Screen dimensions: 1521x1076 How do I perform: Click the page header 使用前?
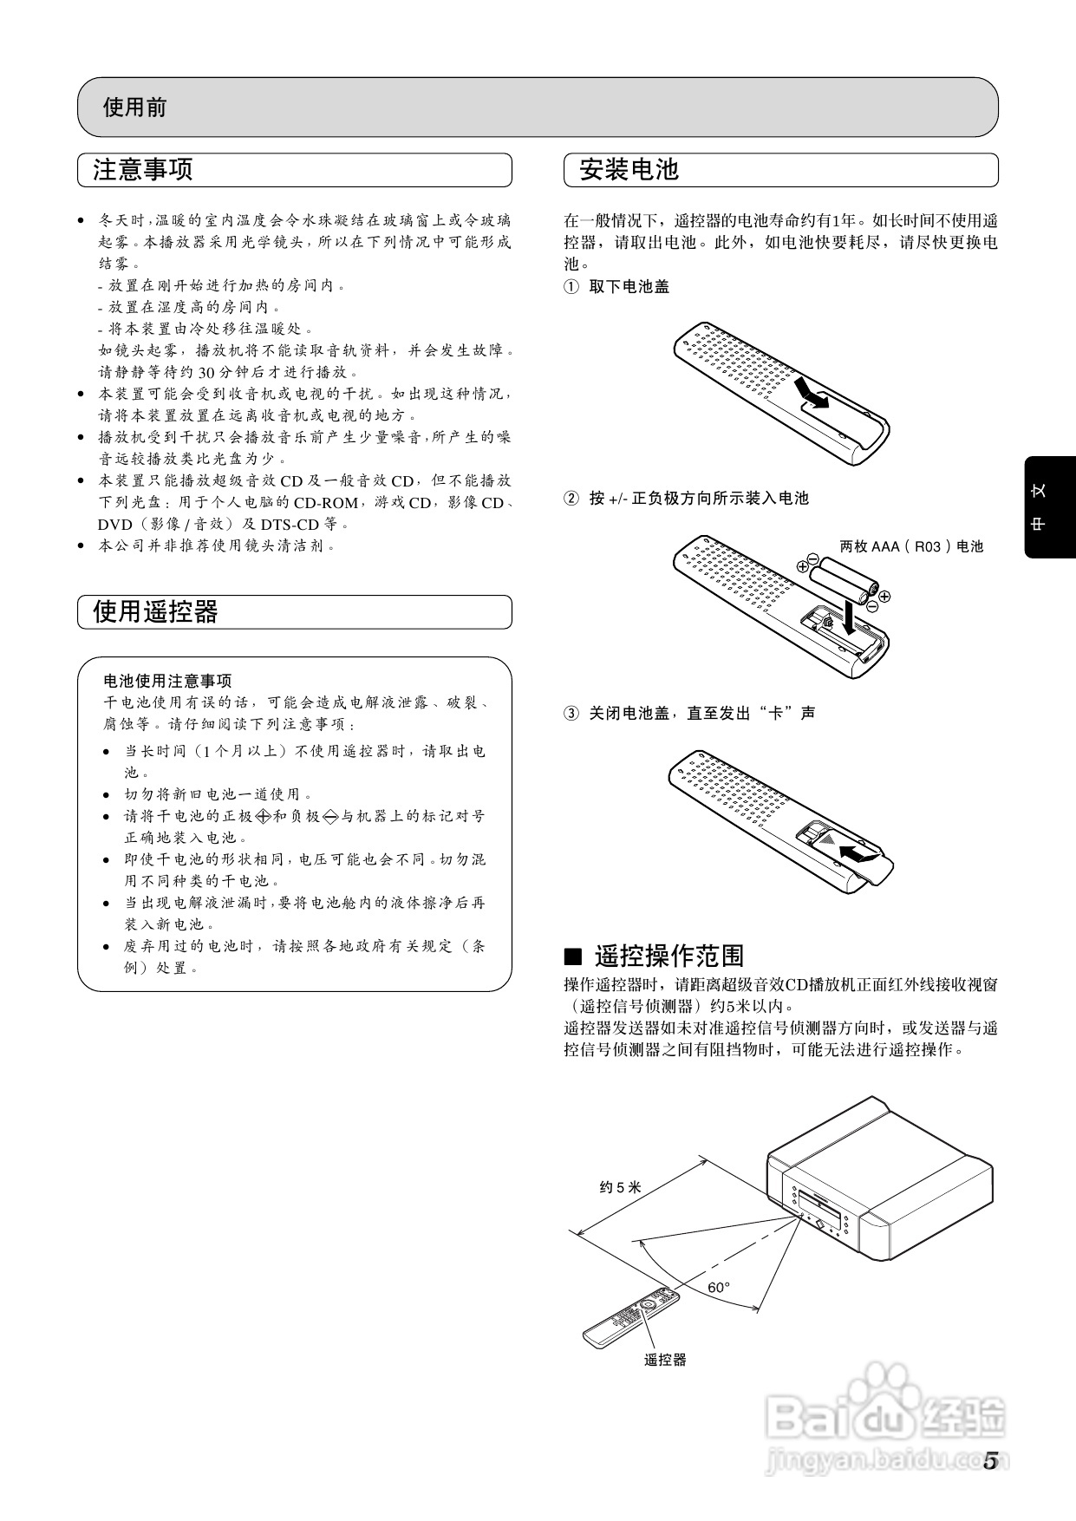[x=134, y=108]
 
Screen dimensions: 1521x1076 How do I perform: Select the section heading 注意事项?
[x=142, y=170]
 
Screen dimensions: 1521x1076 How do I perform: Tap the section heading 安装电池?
[x=629, y=170]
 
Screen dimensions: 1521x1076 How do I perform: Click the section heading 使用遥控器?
[x=155, y=612]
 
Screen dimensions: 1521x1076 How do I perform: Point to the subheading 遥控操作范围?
[x=668, y=956]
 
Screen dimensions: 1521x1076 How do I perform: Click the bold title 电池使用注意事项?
[x=167, y=681]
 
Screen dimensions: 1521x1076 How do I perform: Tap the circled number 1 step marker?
[x=571, y=287]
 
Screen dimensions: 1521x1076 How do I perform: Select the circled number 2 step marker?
[x=571, y=499]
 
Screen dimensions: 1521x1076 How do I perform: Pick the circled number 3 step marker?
[x=571, y=714]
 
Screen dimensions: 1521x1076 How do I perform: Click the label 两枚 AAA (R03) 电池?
[x=911, y=546]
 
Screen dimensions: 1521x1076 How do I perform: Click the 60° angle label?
[x=718, y=1288]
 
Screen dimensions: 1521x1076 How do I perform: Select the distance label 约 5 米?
[x=620, y=1187]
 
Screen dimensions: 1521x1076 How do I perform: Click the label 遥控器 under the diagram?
[x=664, y=1361]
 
